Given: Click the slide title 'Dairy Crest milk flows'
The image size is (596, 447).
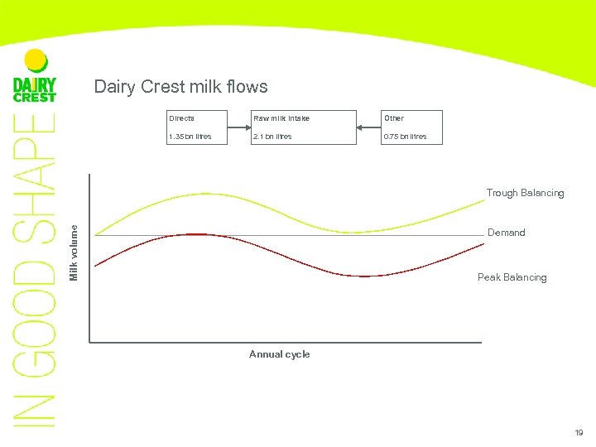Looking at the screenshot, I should [180, 87].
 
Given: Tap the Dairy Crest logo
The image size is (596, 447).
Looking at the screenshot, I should [35, 89].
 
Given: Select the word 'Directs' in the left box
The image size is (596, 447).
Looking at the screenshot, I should [181, 118].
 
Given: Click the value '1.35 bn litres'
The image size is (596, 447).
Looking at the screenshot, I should [190, 137].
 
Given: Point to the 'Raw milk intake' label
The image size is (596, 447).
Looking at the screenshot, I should [281, 118].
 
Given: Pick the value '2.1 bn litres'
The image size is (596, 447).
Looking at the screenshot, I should [272, 137].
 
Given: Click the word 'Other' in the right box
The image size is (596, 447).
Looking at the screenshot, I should [393, 118].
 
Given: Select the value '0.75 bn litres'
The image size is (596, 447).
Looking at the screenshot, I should [405, 137].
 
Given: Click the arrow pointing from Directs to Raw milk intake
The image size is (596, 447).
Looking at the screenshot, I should [240, 127].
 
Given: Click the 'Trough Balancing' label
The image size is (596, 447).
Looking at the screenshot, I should [525, 193].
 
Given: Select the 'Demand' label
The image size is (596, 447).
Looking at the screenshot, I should [506, 233].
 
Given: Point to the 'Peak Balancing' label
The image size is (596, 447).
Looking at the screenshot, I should [512, 277].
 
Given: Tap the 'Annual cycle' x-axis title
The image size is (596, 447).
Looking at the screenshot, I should [280, 354].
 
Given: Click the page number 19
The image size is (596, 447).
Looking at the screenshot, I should [579, 433].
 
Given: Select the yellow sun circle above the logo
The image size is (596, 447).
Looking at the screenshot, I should [36, 60].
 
